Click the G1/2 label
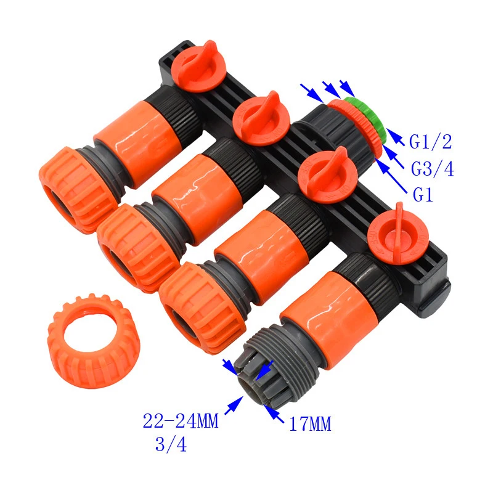click(x=430, y=142)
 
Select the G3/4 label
click(x=433, y=169)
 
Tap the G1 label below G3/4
click(x=423, y=195)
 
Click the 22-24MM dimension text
click(x=181, y=421)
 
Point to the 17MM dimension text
click(x=310, y=424)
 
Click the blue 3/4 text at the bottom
click(x=171, y=444)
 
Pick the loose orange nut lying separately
click(x=94, y=341)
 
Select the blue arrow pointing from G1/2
click(x=395, y=137)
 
